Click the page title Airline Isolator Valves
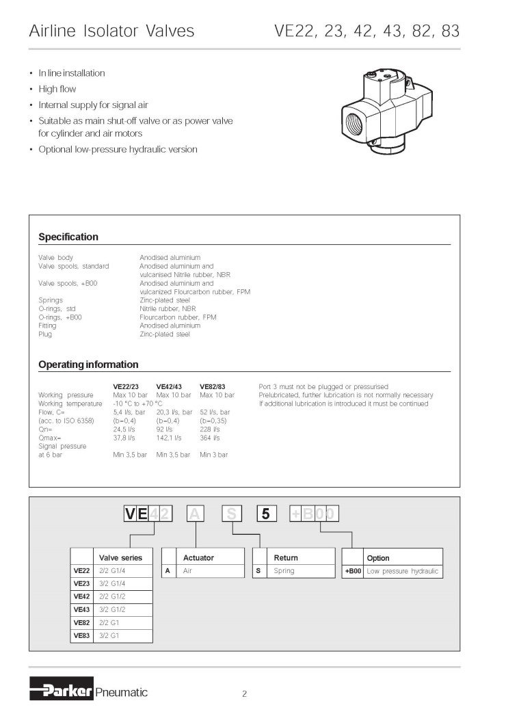coord(111,31)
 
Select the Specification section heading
coord(68,237)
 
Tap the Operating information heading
coord(88,364)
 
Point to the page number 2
coord(244,694)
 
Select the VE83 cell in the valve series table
coord(81,635)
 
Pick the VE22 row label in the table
coord(81,570)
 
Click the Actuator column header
coord(198,557)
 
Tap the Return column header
coord(286,557)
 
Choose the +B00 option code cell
coord(352,570)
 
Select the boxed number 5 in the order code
coord(266,514)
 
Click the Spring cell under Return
coord(284,570)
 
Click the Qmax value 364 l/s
coord(210,438)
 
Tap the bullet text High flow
coord(57,89)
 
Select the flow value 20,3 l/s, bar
coord(172,412)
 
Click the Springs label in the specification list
coord(51,300)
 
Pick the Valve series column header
coord(121,557)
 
